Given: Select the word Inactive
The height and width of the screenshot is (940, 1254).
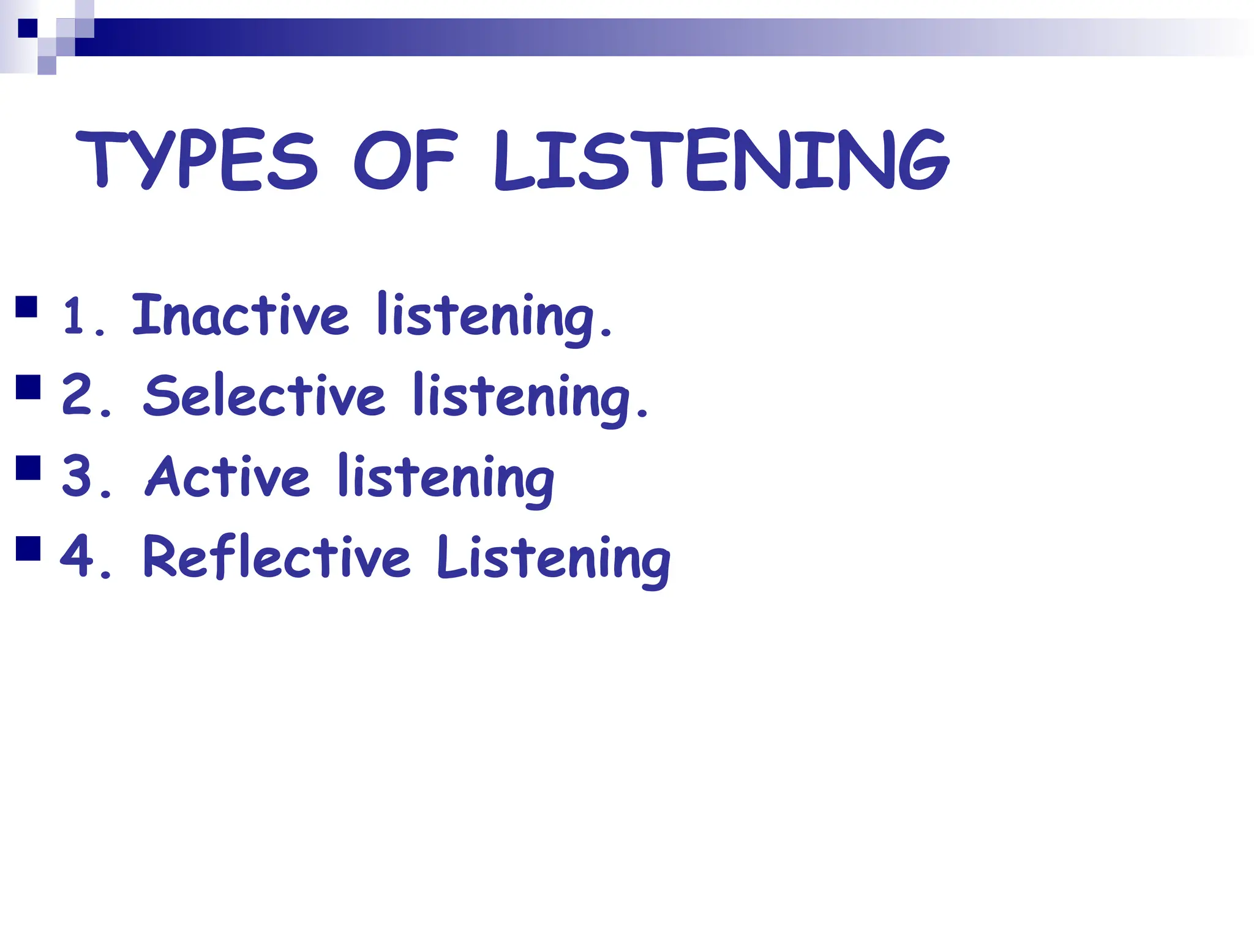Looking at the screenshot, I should coord(240,315).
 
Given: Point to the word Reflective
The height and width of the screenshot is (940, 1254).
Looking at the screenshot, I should coord(277,557).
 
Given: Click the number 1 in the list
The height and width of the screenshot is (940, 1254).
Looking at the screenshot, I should coord(75,316).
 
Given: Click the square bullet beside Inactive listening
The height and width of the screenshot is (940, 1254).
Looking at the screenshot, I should coord(27,307).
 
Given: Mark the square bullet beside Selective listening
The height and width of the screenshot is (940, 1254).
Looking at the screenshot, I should coord(28,387).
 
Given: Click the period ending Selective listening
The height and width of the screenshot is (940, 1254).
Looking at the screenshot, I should coord(642,414).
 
